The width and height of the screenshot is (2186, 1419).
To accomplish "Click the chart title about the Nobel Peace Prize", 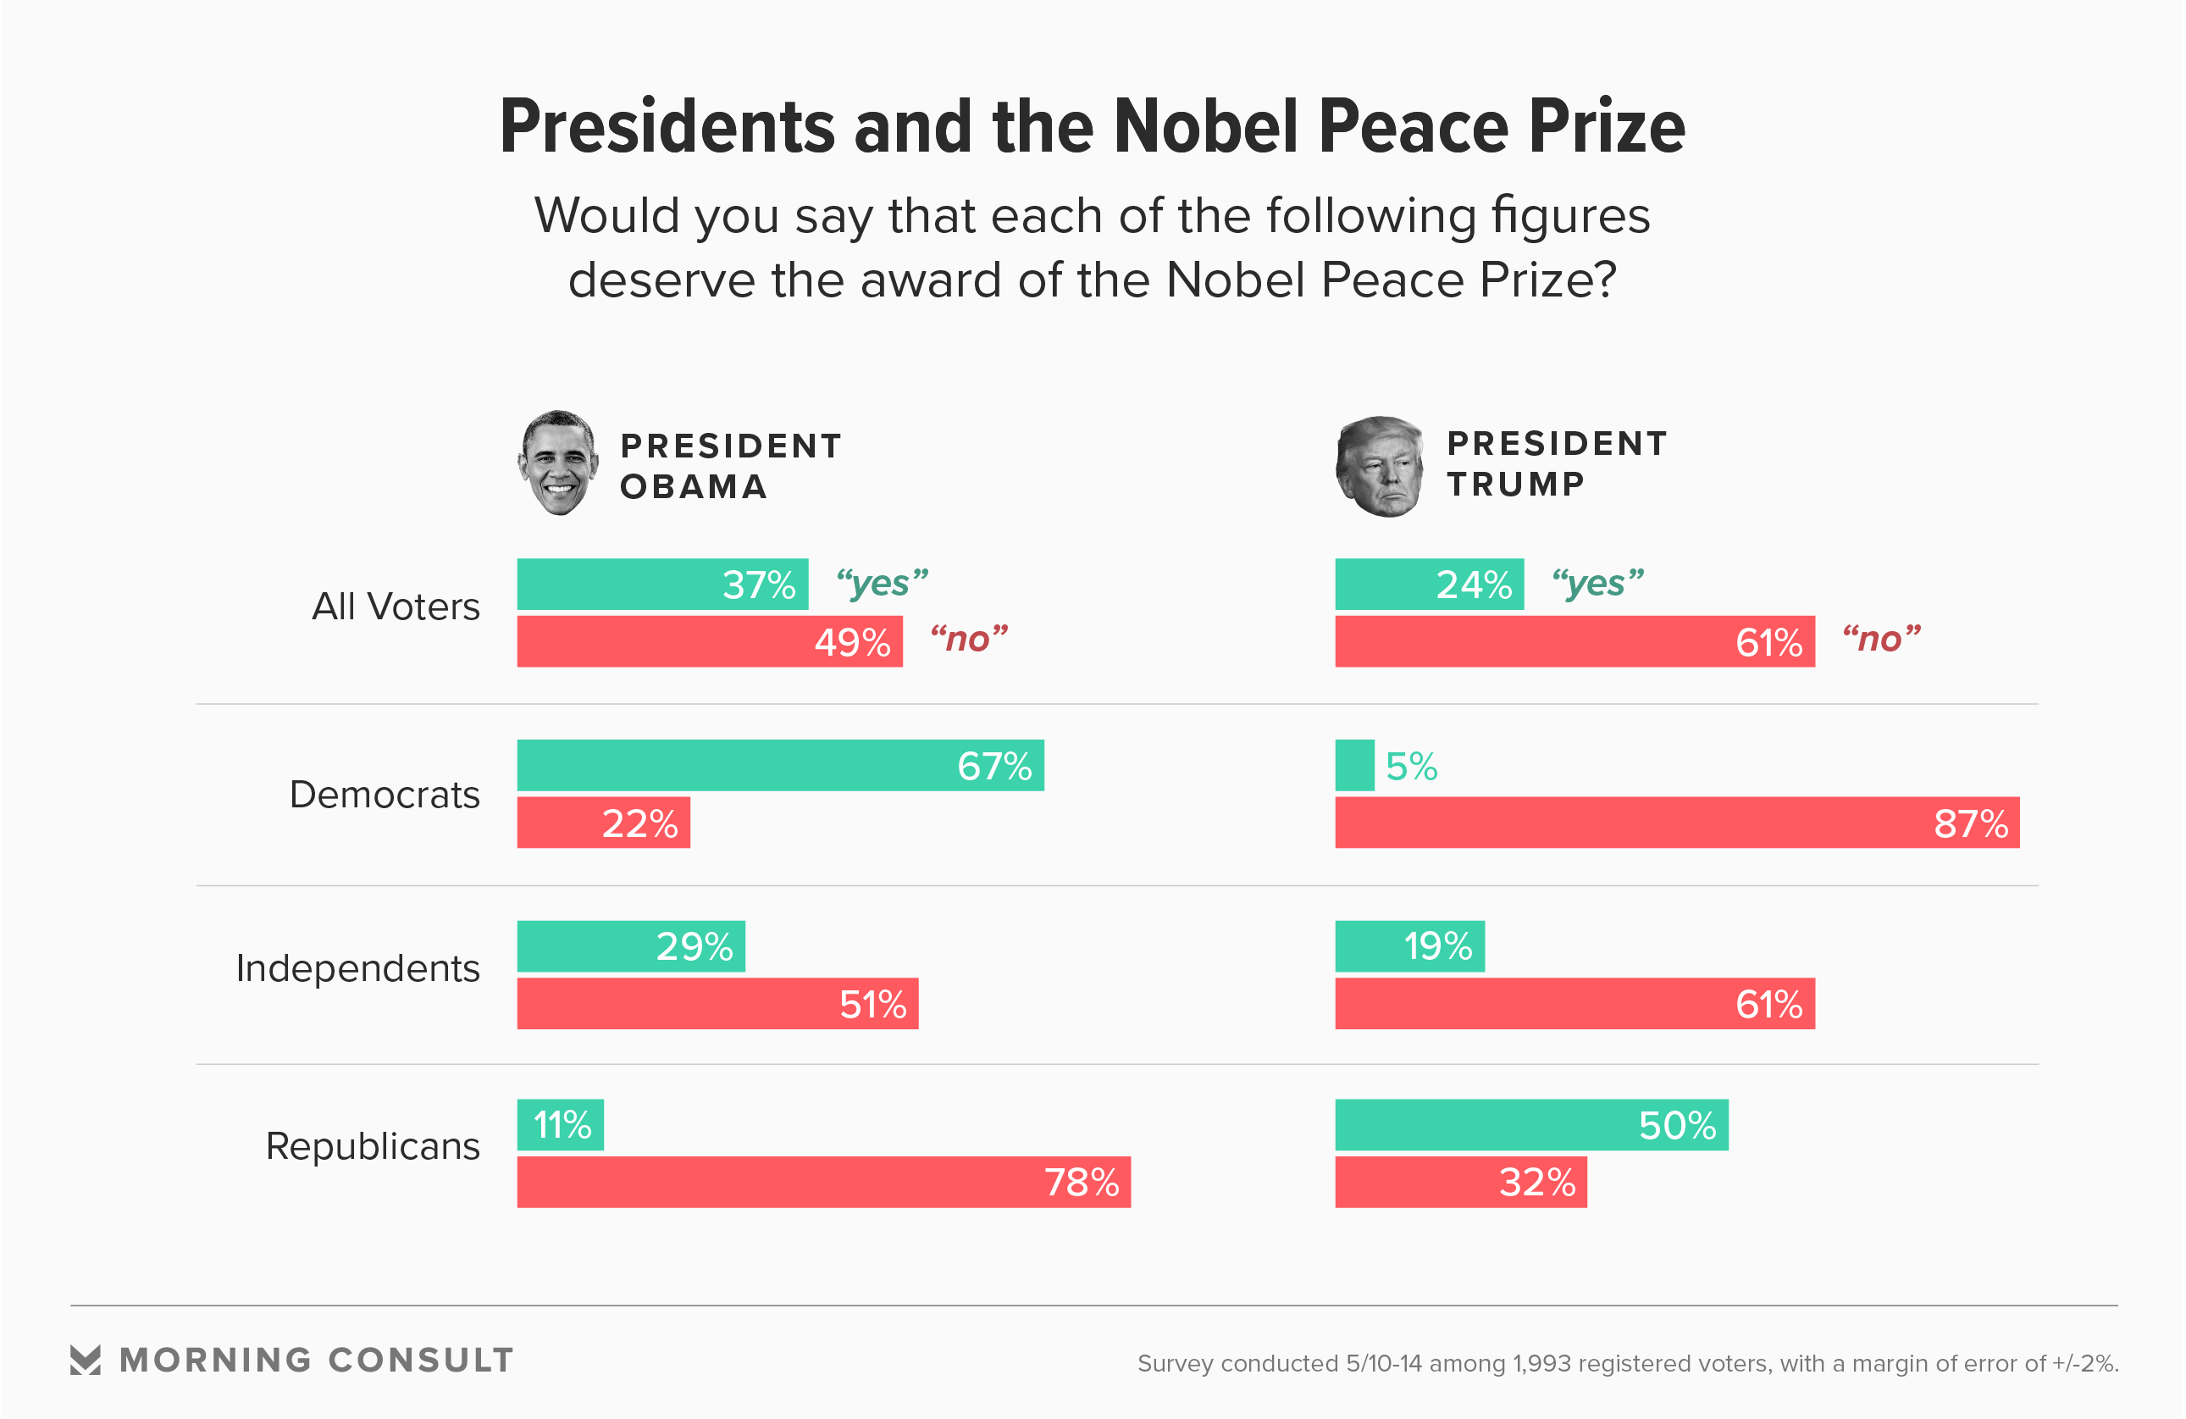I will [1092, 127].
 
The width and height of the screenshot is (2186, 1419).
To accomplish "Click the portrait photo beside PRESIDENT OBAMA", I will [556, 463].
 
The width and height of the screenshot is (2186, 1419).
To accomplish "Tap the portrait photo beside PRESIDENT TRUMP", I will [1380, 467].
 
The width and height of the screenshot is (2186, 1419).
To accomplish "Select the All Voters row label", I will [396, 607].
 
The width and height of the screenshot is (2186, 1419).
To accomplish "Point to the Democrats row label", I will [384, 795].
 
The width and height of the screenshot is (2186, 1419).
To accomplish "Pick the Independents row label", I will [357, 968].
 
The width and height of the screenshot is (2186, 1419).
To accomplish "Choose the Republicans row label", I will [372, 1146].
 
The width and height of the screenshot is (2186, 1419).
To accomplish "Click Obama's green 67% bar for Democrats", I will [780, 765].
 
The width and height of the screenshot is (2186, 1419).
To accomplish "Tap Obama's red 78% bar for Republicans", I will [823, 1182].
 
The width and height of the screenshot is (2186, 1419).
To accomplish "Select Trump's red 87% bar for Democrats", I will [1676, 823].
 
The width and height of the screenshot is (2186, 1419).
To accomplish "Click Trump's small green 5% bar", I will [1355, 765].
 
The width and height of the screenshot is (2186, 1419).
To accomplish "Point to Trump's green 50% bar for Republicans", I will [1531, 1125].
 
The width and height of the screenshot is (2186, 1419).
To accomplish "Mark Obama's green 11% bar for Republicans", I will [561, 1125].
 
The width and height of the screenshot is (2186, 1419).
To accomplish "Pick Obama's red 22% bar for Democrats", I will [602, 823].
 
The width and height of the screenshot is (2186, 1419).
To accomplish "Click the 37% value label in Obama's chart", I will [759, 585].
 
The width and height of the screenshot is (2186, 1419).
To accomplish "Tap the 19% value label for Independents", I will [1437, 947].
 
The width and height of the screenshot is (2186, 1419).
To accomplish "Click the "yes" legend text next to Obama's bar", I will [882, 583].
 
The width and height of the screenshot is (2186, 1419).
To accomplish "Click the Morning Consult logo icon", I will [86, 1361].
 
